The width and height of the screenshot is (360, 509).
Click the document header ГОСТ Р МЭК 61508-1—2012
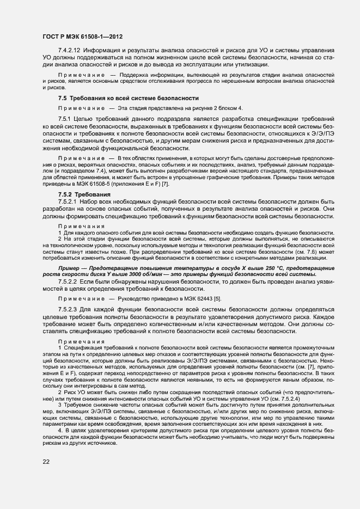pyautogui.click(x=82, y=37)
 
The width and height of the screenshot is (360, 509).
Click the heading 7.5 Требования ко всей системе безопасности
pyautogui.click(x=127, y=98)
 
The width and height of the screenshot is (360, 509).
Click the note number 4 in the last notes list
pyautogui.click(x=60, y=430)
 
